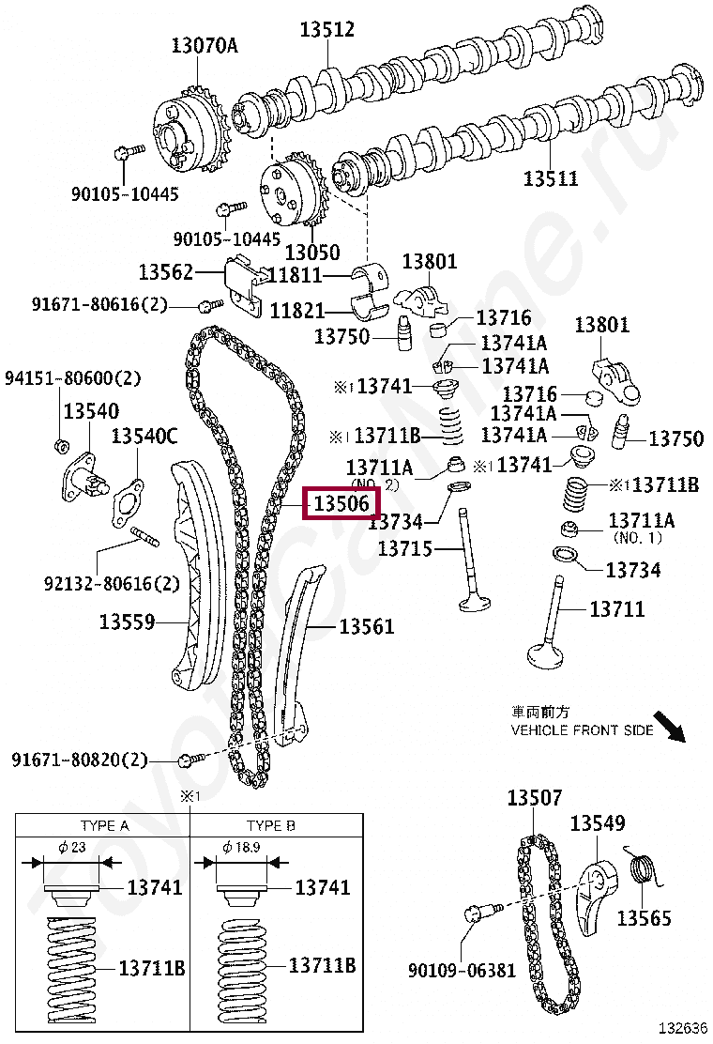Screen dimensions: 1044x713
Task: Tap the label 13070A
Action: (205, 43)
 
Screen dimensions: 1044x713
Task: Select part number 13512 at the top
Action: (327, 30)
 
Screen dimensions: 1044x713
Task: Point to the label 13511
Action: (551, 178)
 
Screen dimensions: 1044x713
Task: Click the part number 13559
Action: (128, 621)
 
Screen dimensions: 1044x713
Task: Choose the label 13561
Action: (367, 626)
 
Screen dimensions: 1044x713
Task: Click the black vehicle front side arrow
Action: (669, 725)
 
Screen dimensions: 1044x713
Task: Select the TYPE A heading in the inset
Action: (104, 825)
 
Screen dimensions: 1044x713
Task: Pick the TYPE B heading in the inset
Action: (271, 825)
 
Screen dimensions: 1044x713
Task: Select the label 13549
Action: (598, 823)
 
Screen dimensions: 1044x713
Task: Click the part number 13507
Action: (535, 798)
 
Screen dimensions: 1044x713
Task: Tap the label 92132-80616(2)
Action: (112, 583)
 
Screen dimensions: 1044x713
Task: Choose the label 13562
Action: (166, 272)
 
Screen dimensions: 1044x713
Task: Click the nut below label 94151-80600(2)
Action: (58, 444)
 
